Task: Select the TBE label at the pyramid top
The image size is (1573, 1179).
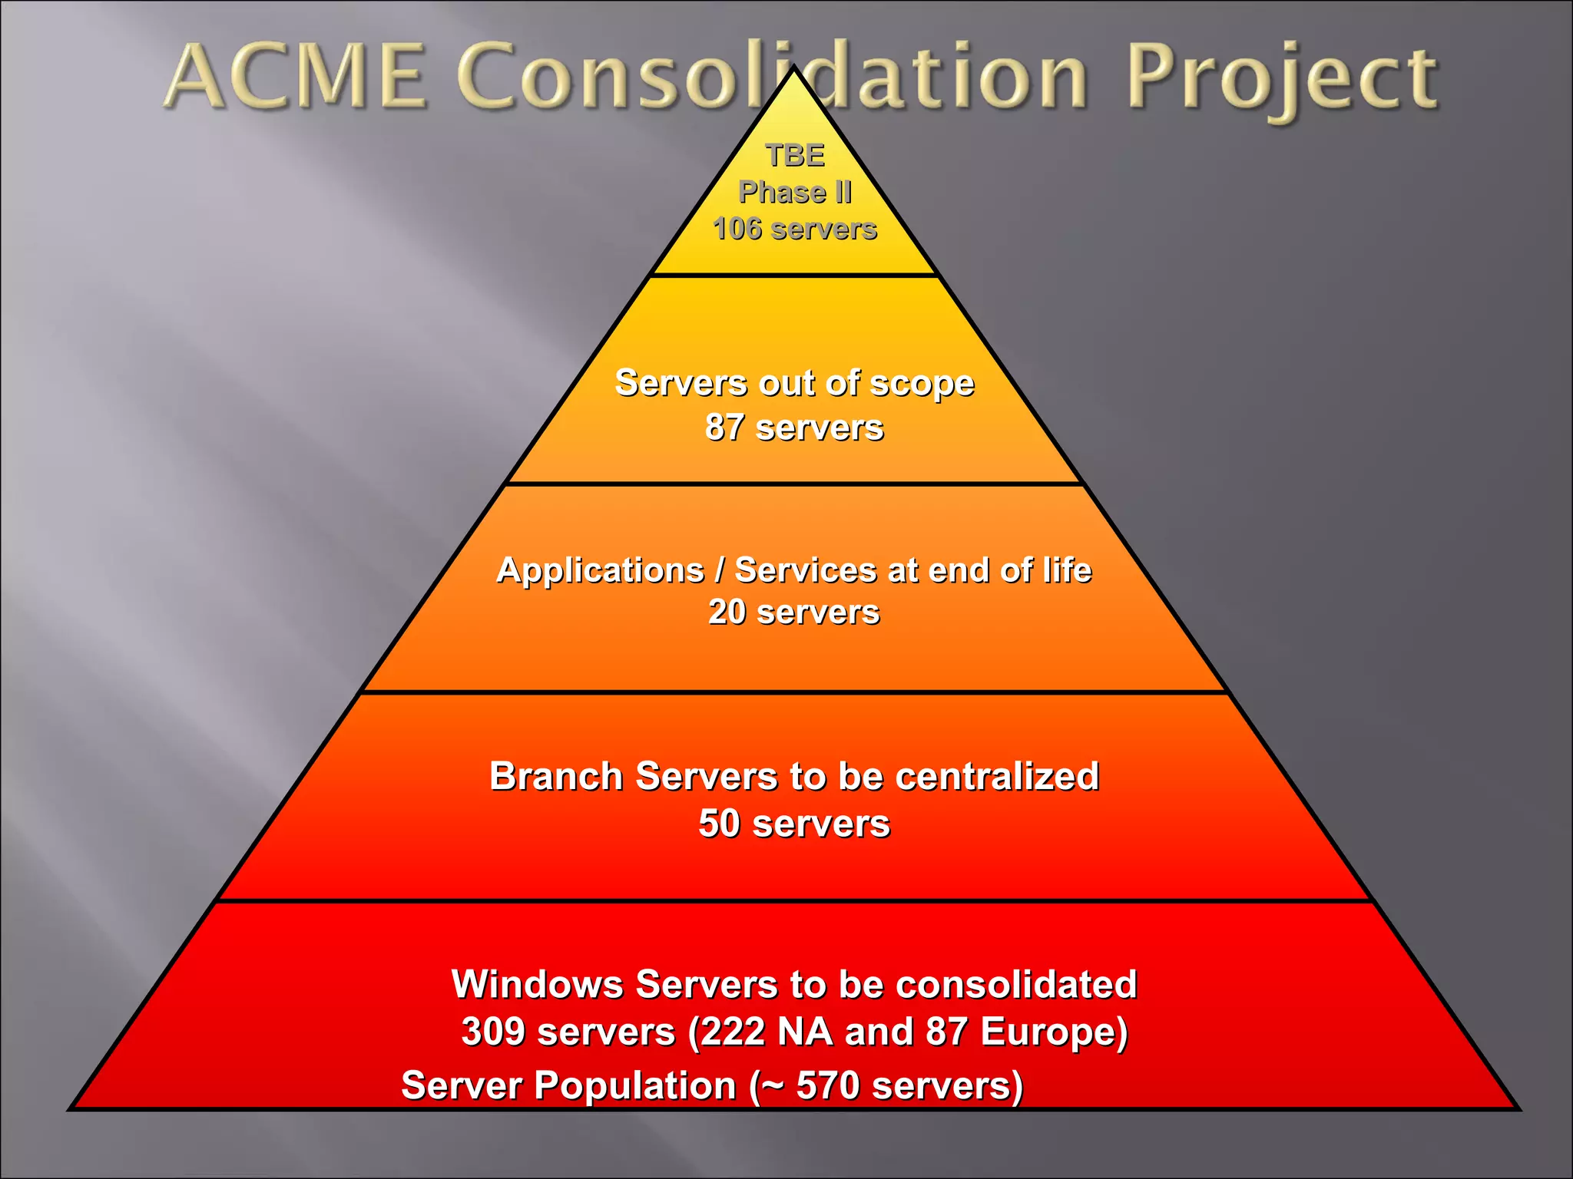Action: [x=795, y=156]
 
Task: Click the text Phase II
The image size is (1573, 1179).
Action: [x=795, y=192]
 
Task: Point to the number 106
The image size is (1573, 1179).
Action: [x=737, y=229]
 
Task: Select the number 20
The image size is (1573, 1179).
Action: [x=727, y=613]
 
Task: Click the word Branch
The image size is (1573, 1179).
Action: [x=556, y=777]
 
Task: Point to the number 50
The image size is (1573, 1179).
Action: [x=719, y=824]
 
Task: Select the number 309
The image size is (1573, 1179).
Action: [x=492, y=1032]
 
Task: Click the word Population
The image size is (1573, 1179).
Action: [x=634, y=1086]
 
